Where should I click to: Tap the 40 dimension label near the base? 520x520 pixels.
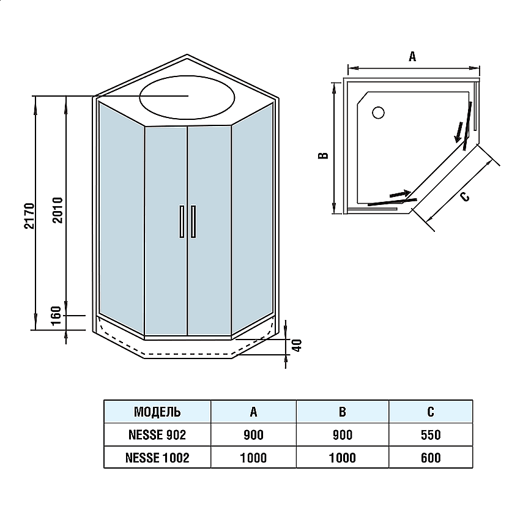pyautogui.click(x=297, y=345)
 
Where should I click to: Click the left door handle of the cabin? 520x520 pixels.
pyautogui.click(x=181, y=221)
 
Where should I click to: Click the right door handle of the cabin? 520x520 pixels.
pyautogui.click(x=193, y=221)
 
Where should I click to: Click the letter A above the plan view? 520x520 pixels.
pyautogui.click(x=412, y=56)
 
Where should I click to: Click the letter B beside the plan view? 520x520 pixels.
pyautogui.click(x=324, y=155)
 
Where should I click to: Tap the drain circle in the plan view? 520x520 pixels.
pyautogui.click(x=378, y=113)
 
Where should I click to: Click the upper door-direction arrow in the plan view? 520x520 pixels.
pyautogui.click(x=458, y=130)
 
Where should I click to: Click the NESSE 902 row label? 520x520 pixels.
pyautogui.click(x=157, y=435)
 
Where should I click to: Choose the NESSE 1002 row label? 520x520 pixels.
pyautogui.click(x=157, y=458)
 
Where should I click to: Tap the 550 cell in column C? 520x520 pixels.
pyautogui.click(x=431, y=435)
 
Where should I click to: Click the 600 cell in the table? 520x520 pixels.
pyautogui.click(x=431, y=458)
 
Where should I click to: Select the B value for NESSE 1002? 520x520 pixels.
pyautogui.click(x=343, y=458)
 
